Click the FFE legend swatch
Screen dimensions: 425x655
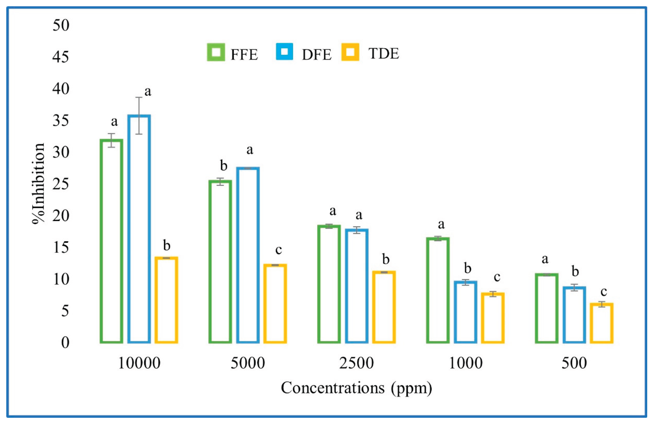coord(216,52)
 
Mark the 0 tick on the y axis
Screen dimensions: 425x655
coord(65,343)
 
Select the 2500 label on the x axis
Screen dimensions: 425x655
coord(356,363)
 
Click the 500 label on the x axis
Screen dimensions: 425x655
coord(574,363)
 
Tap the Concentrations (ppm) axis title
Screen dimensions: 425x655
coord(356,388)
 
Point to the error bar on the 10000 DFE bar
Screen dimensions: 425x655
coord(139,116)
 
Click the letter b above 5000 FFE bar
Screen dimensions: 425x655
coord(223,166)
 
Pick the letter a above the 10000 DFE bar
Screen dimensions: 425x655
coord(148,92)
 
